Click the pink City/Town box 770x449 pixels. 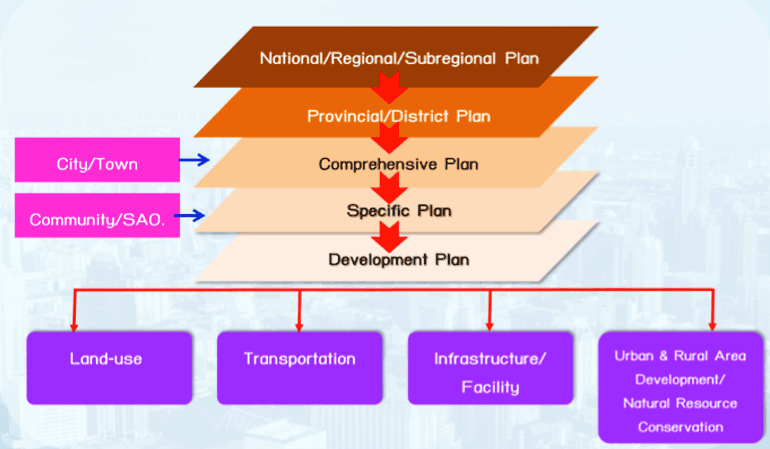[98, 160]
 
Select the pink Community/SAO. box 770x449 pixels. [98, 216]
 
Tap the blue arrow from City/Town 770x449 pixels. [194, 160]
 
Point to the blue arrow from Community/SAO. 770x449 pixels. [189, 216]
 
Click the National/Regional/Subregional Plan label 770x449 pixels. [399, 58]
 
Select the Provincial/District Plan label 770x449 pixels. [398, 116]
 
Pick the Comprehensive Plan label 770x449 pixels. [398, 164]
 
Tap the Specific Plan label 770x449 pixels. [399, 210]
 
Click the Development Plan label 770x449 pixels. [398, 260]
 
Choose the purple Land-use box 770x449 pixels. [109, 368]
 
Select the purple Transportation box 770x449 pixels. [300, 368]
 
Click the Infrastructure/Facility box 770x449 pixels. [490, 368]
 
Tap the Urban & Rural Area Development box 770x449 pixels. [681, 387]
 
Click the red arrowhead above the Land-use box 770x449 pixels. [74, 326]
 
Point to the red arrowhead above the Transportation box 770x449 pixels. [300, 326]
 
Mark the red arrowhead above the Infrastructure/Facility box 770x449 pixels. [490, 326]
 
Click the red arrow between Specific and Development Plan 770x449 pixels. [389, 237]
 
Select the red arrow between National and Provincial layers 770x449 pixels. [389, 88]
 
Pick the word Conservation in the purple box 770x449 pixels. [681, 427]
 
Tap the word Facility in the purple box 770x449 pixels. [490, 387]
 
